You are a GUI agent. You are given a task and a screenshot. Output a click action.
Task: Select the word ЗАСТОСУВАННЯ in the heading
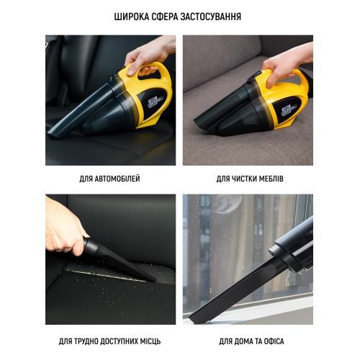pos(211,17)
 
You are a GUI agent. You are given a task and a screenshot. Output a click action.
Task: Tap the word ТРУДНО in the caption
pos(86,341)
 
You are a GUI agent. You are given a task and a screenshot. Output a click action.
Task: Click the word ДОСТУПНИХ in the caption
pos(118,341)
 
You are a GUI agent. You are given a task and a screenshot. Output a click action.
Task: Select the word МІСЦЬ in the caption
pos(150,341)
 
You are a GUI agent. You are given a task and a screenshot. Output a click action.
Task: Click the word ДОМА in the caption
pos(243,341)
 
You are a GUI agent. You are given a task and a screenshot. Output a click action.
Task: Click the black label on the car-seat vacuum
pos(153,101)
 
